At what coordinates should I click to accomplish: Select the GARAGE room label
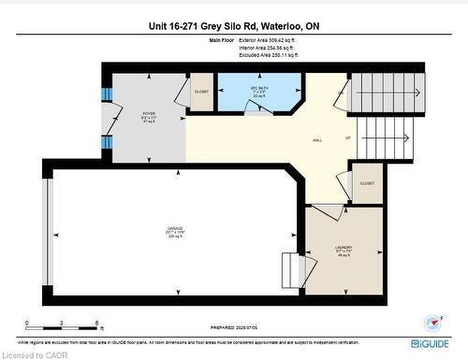[173, 233]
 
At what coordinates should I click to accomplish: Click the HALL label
[317, 141]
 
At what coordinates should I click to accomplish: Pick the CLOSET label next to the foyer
[200, 93]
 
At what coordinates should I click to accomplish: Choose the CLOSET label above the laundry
[367, 183]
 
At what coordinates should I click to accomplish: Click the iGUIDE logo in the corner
[430, 341]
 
